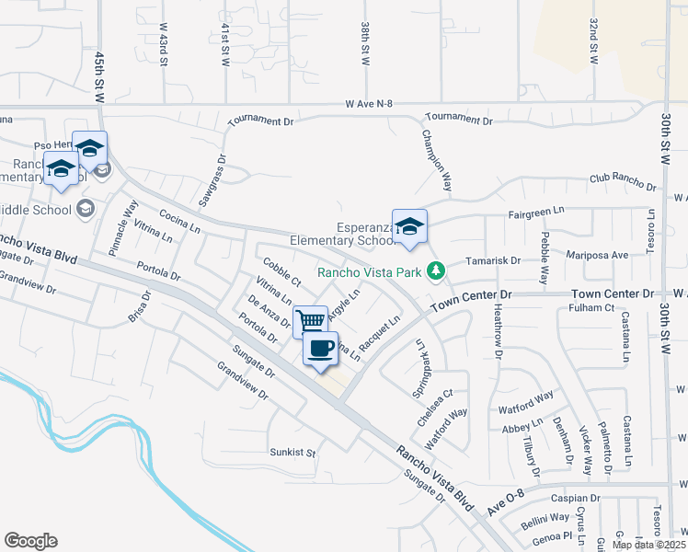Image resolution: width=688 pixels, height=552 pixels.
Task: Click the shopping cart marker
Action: tap(311, 321)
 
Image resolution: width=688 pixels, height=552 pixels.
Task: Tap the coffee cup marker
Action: tap(320, 349)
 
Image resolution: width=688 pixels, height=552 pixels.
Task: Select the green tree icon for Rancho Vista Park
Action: tap(438, 270)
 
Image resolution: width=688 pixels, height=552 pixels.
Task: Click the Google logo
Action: tap(30, 541)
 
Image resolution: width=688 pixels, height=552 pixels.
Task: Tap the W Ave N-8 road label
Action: tap(370, 105)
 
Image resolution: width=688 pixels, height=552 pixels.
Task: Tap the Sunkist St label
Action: tap(292, 453)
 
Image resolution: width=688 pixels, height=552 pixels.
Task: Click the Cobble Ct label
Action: tap(281, 275)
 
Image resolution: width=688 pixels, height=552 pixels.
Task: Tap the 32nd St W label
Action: tap(594, 41)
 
